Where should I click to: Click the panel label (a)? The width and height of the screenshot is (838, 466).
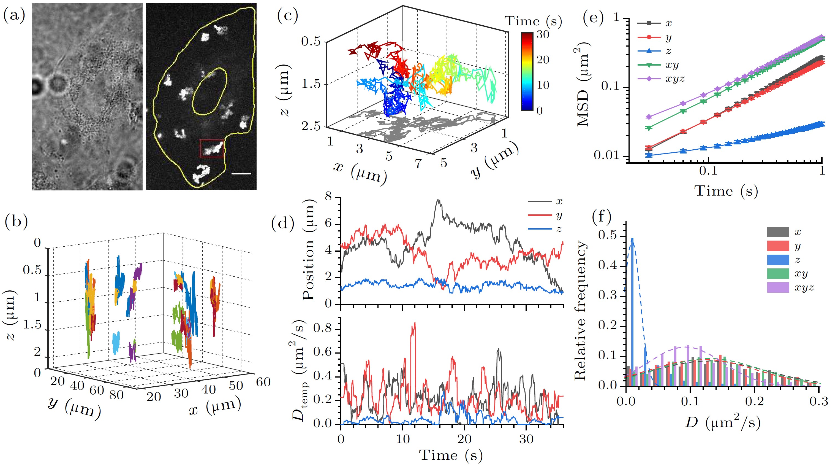click(x=14, y=16)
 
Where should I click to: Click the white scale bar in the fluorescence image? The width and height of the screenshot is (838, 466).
click(x=241, y=174)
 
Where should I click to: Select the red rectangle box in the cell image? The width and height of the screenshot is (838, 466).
click(x=212, y=149)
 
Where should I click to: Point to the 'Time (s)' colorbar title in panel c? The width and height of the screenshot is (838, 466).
click(x=533, y=21)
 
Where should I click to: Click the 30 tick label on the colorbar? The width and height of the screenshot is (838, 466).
click(x=543, y=34)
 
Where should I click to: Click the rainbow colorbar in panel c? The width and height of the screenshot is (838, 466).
click(x=527, y=72)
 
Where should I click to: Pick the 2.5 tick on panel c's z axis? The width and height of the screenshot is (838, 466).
click(x=311, y=126)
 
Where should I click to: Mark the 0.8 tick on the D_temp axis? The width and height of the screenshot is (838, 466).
click(x=322, y=328)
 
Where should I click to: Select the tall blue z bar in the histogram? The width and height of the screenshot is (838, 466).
click(x=632, y=313)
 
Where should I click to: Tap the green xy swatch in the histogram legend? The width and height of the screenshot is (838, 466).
click(x=778, y=274)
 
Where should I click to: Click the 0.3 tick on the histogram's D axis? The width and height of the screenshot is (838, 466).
click(x=818, y=401)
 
